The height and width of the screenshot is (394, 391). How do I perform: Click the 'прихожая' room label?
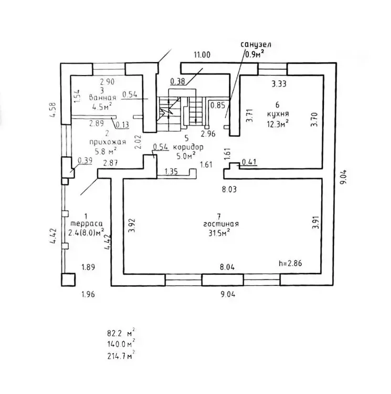point(103,141)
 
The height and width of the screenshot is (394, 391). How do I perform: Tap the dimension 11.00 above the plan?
point(202,54)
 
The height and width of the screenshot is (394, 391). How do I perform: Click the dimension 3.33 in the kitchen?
point(281,83)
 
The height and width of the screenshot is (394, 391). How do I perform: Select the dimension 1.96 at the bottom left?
point(88,294)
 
